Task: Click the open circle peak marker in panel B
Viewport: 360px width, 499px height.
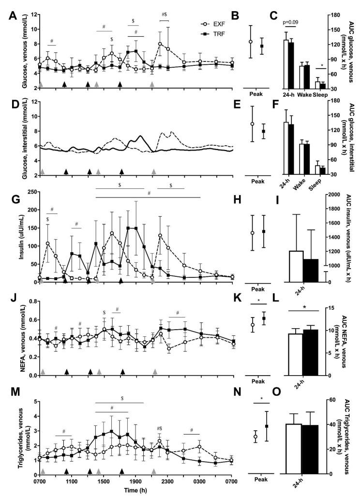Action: [x=251, y=42]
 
